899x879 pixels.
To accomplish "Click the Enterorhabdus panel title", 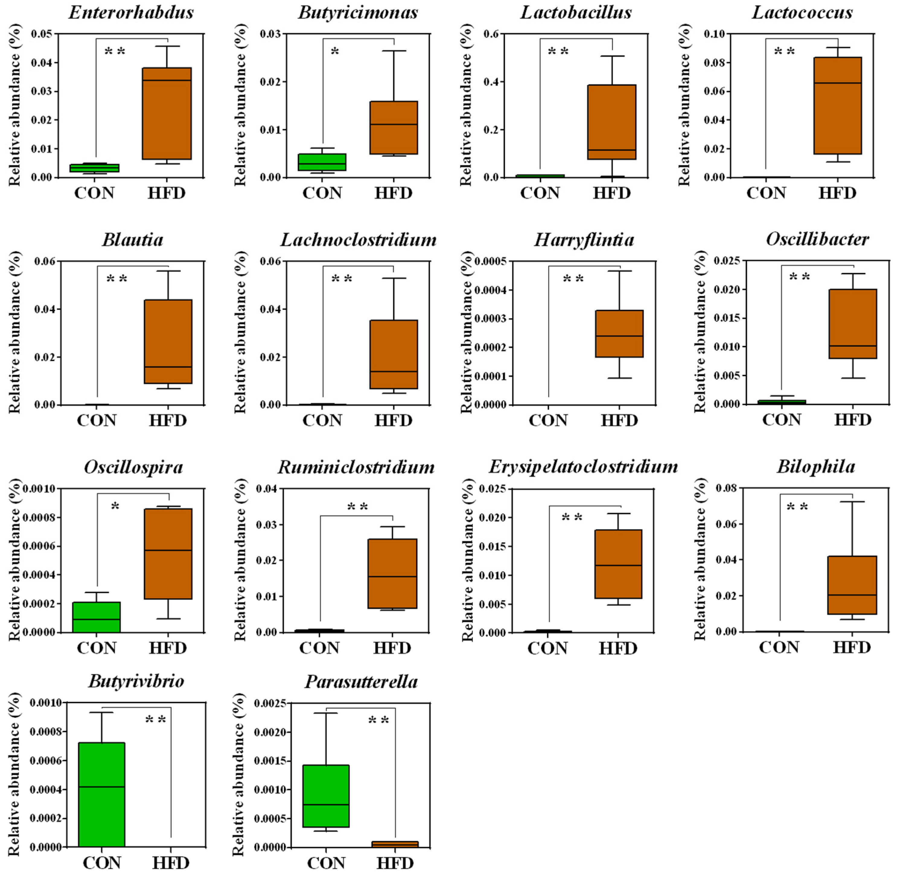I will click(x=131, y=12).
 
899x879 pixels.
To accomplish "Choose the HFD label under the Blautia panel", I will click(x=167, y=420).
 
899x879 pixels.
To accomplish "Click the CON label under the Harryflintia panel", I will click(x=548, y=420).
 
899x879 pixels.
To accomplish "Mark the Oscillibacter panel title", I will click(x=817, y=239).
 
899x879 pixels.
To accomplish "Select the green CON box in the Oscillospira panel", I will click(x=97, y=617).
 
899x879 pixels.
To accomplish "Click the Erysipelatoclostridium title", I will click(x=583, y=467).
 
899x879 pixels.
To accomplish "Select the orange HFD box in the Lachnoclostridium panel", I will click(x=394, y=354).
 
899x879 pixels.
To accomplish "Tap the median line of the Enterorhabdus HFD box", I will click(x=167, y=80).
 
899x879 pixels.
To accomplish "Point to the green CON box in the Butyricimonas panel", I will click(x=322, y=162).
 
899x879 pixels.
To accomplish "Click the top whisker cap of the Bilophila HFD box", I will click(x=852, y=501).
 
